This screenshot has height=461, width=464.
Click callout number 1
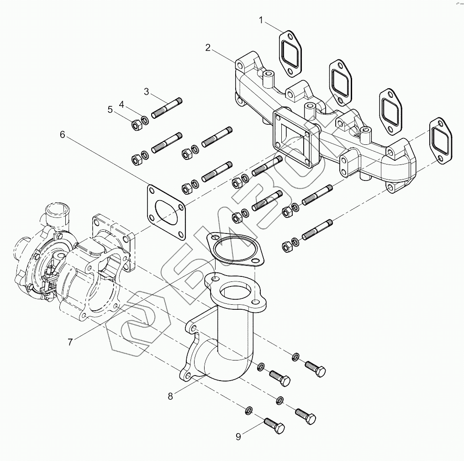click(x=261, y=21)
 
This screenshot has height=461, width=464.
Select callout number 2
click(x=208, y=48)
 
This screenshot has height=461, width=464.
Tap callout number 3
click(x=147, y=92)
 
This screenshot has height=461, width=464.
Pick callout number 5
click(x=110, y=110)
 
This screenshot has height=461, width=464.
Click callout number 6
click(x=62, y=135)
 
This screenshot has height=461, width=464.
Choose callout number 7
click(x=70, y=342)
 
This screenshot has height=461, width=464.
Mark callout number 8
click(x=170, y=396)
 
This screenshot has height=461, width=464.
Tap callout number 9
click(x=238, y=437)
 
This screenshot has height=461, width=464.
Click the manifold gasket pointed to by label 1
click(x=290, y=53)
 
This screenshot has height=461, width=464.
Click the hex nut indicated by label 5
click(x=137, y=126)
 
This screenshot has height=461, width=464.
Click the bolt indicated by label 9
click(x=274, y=425)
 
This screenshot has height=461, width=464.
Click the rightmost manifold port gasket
click(x=441, y=141)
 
